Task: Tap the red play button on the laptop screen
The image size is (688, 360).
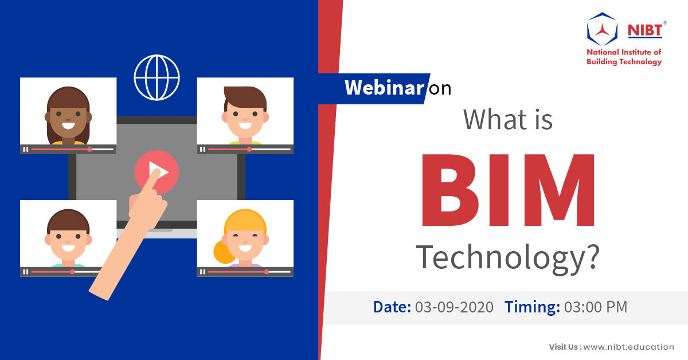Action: [157, 172]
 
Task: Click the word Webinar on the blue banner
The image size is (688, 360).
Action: [384, 88]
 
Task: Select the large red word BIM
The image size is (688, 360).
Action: [509, 190]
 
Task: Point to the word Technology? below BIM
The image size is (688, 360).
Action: [507, 258]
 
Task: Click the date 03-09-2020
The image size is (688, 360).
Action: [454, 307]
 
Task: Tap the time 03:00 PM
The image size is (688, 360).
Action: [596, 307]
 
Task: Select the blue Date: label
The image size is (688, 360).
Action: [392, 307]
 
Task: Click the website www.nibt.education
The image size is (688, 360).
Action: [629, 347]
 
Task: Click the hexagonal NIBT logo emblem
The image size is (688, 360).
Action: [602, 29]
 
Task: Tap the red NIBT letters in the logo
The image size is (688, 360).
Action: [644, 30]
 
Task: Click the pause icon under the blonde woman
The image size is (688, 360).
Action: [202, 272]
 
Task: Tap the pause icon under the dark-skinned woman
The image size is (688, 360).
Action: [25, 149]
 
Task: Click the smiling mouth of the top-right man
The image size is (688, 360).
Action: [245, 126]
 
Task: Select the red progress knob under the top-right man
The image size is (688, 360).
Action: [249, 149]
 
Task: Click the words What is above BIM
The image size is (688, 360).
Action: [508, 119]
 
